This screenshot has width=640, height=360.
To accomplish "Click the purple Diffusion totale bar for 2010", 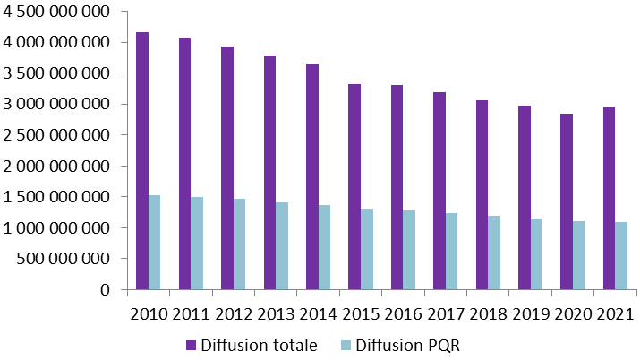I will [142, 161].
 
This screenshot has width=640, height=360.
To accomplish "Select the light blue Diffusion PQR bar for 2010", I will [155, 243].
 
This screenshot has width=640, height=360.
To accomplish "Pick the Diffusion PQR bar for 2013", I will [282, 246].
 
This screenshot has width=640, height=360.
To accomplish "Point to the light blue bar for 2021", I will [621, 256].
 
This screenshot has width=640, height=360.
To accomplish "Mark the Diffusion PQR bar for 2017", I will [451, 252].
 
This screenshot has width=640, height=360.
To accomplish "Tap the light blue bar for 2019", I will [536, 254].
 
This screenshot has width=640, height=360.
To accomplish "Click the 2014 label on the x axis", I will [318, 314].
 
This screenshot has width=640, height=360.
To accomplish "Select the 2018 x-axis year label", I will [487, 314].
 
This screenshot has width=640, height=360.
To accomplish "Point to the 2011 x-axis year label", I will [191, 314].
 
